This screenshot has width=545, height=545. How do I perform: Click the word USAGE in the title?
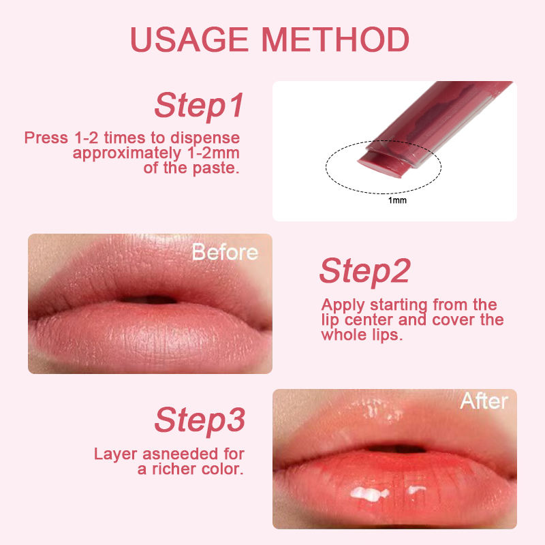coord(189,40)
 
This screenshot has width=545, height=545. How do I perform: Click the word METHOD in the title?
coord(335,40)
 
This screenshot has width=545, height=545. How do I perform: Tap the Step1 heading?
coord(199,106)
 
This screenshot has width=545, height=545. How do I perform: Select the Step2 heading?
coord(364,271)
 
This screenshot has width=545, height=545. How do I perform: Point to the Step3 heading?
coord(200,420)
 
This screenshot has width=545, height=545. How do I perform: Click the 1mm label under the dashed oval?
coord(397,200)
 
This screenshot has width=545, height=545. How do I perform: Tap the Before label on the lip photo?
coord(225,252)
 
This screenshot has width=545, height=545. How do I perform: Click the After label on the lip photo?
coord(484,401)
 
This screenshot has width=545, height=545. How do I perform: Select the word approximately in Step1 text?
coord(127,153)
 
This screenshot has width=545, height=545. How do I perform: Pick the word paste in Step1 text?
coord(216,168)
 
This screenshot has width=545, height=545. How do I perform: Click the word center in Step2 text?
coord(369,320)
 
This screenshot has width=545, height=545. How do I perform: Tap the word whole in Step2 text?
coord(344,334)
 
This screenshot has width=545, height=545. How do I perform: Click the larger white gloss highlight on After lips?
coord(369,493)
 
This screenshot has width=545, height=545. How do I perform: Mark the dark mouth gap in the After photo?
coord(396,448)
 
